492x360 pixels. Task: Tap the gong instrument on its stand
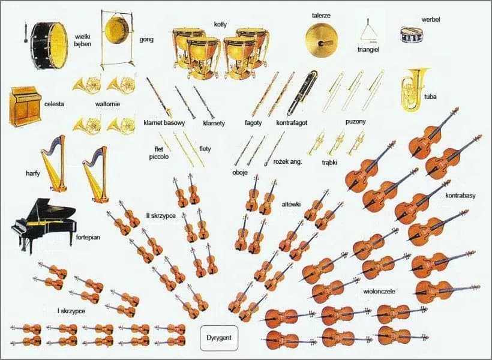coord(117,30)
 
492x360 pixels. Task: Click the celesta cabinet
coord(25,106)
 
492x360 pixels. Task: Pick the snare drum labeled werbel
coord(412,34)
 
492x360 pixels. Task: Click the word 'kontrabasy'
coord(461,196)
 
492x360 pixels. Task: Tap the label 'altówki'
coord(292,205)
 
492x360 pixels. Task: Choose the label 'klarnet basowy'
coord(164,123)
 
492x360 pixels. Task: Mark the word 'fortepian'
coord(88,237)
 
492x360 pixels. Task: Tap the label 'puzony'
coord(356,122)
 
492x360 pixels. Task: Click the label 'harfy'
coord(33,174)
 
